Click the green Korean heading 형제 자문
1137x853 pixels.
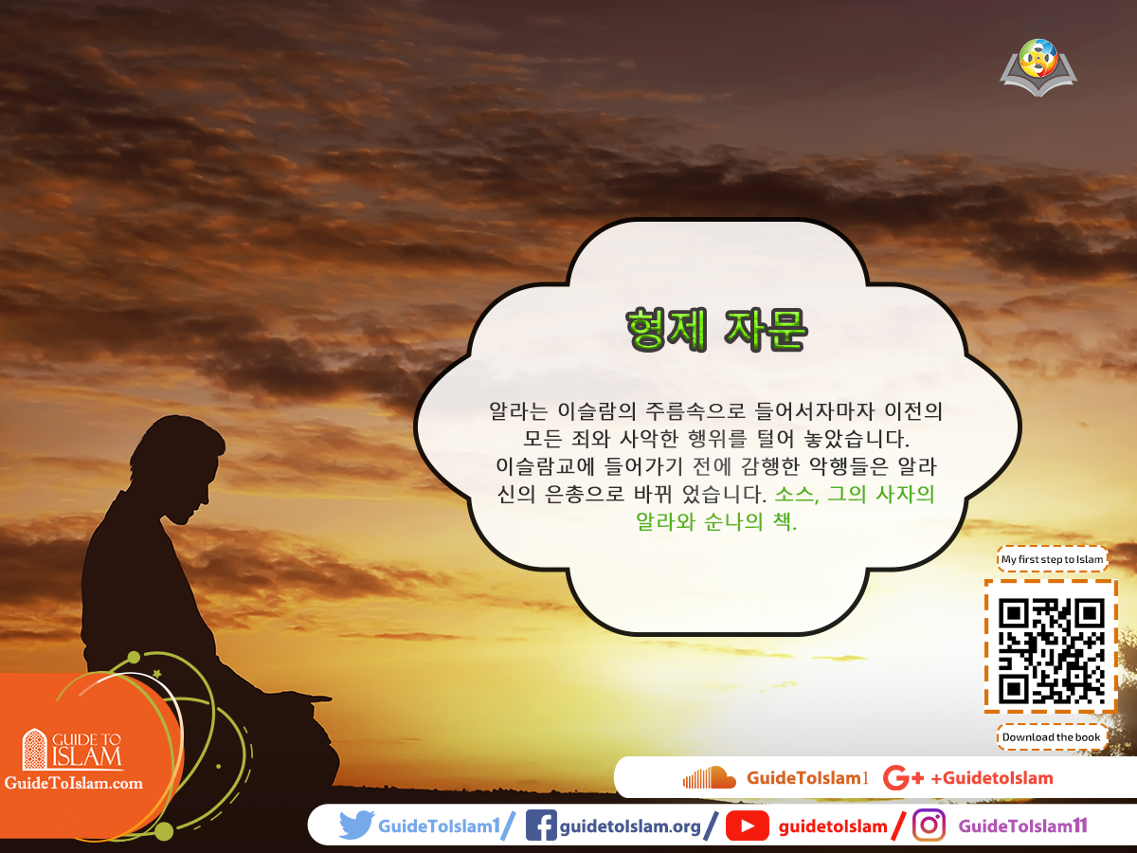click(716, 328)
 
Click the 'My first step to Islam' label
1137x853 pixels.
click(1052, 559)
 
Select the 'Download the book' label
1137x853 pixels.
click(1052, 736)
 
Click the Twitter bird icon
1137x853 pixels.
click(356, 826)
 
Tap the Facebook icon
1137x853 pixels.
click(540, 826)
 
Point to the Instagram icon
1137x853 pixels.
click(929, 826)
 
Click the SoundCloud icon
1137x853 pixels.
click(709, 778)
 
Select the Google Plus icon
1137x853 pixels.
click(902, 778)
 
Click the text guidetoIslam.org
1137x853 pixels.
click(630, 826)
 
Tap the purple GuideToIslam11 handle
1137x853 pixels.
click(1022, 826)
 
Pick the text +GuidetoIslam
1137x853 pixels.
click(992, 778)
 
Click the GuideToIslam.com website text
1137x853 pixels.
click(74, 783)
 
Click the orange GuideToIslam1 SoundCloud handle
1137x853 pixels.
click(807, 778)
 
